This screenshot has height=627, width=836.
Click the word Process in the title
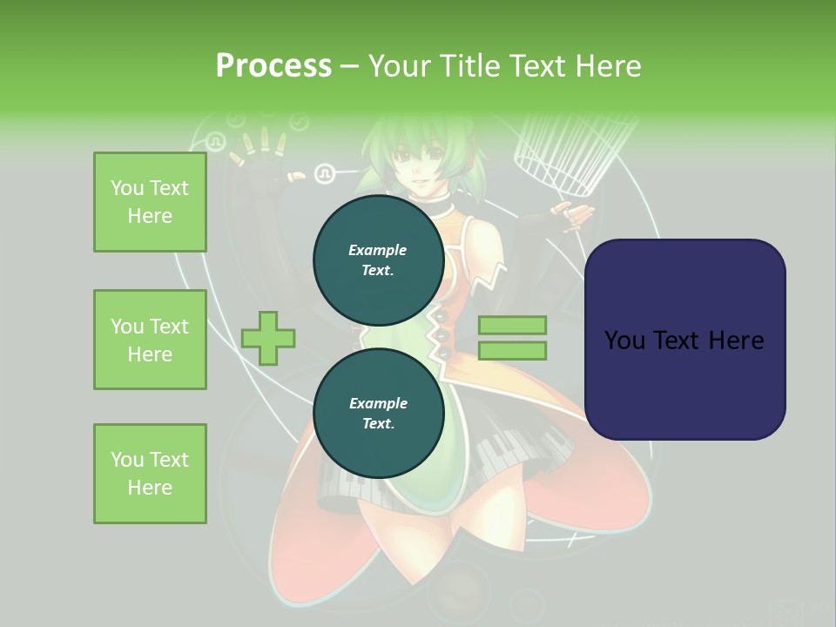273,65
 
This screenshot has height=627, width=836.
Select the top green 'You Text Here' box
150,202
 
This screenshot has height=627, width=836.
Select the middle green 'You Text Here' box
150,340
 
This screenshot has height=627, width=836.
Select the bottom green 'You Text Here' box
150,474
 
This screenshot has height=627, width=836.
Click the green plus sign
268,339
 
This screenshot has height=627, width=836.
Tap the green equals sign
512,338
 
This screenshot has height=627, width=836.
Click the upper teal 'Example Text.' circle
378,260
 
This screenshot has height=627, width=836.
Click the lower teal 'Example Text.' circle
378,413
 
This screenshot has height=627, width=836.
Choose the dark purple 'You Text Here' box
684,340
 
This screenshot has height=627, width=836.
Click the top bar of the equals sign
512,326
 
